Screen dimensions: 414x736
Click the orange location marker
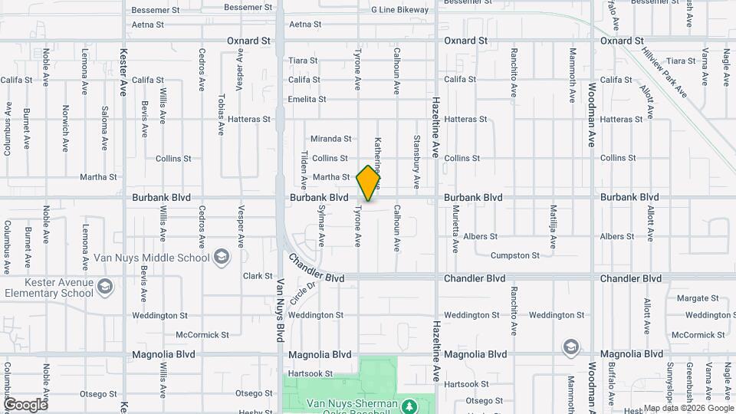pos(369,182)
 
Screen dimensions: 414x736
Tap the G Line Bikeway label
pos(400,10)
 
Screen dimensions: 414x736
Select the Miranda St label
pos(330,139)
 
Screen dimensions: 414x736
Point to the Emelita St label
pos(307,100)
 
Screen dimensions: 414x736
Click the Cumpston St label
pos(514,255)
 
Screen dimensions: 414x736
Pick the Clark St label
pos(258,276)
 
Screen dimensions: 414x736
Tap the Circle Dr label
pos(304,294)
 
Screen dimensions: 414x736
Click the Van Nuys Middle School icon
pos(222,257)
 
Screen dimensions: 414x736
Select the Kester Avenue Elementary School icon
pos(106,287)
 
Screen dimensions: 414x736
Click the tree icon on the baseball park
pos(409,404)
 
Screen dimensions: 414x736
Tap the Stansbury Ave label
pos(417,162)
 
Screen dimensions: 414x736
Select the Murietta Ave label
pos(455,228)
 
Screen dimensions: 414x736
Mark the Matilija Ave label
pos(552,226)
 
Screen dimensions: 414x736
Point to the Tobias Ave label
pos(221,115)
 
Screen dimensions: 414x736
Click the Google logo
pos(25,404)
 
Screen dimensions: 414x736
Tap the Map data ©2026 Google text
pos(688,408)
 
